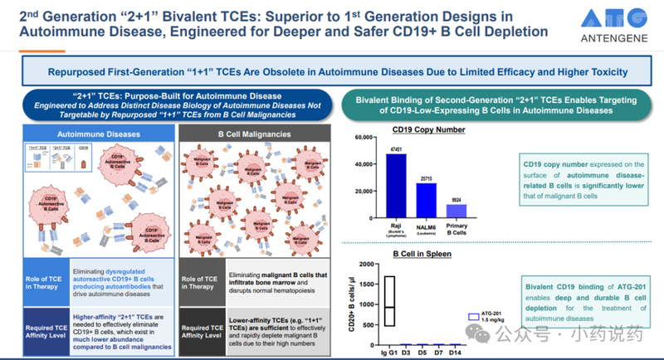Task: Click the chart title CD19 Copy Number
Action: pyautogui.click(x=428, y=130)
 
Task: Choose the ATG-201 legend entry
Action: pyautogui.click(x=486, y=316)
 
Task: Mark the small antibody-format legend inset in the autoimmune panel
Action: pyautogui.click(x=56, y=158)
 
